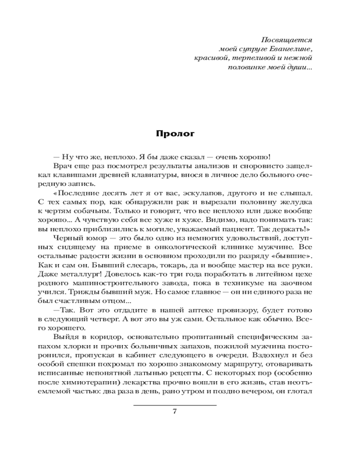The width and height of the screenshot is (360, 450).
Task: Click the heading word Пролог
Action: click(x=175, y=133)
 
